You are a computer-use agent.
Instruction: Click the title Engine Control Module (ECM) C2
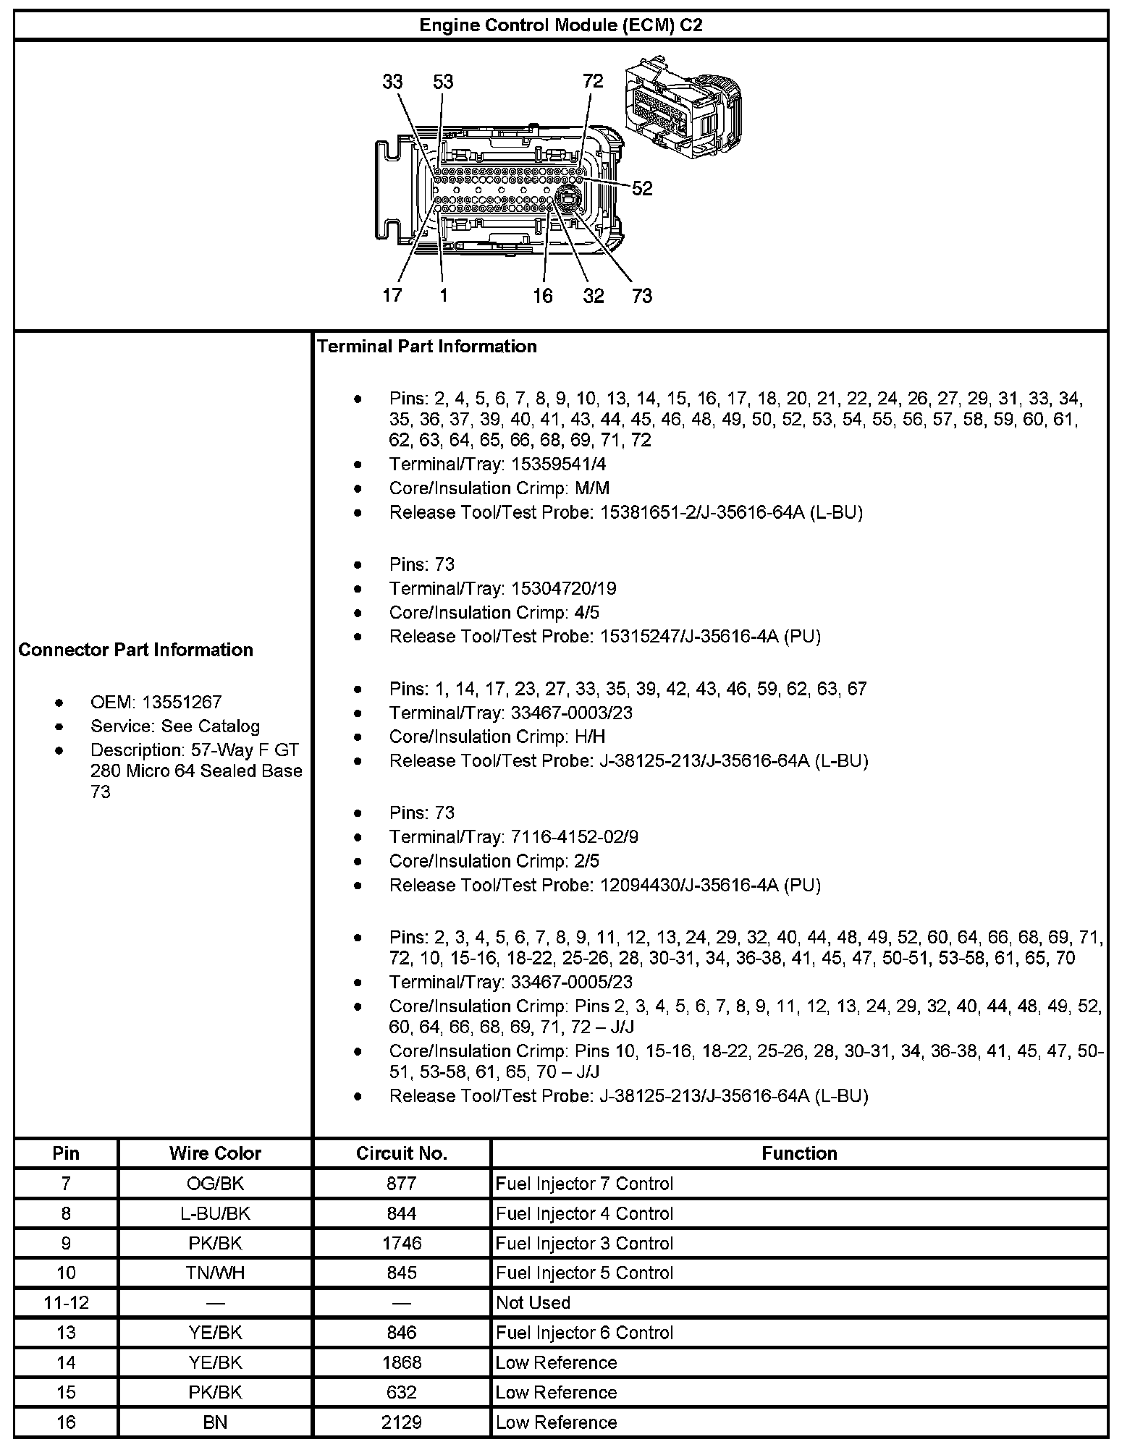tap(561, 25)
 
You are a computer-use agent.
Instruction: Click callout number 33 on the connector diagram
tap(392, 82)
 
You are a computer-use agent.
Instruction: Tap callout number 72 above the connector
tap(592, 81)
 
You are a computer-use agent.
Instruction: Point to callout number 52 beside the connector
tap(642, 188)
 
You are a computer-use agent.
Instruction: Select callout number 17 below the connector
tap(392, 295)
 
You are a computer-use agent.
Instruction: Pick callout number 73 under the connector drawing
tap(641, 295)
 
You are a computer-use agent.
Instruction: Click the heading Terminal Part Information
tap(427, 347)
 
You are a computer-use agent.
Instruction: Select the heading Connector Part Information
tap(136, 650)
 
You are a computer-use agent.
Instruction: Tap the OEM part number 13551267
tap(182, 702)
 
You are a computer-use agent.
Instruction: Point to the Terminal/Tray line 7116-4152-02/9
tap(513, 837)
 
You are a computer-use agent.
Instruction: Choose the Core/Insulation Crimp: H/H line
tap(497, 737)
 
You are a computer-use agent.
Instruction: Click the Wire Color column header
tap(215, 1153)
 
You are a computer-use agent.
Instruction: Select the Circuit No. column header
tap(401, 1153)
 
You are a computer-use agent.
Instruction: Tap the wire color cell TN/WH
tap(215, 1273)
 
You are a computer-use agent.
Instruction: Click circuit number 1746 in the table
tap(401, 1243)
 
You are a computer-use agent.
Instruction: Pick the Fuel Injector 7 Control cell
tap(584, 1184)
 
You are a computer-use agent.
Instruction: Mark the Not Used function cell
tap(533, 1302)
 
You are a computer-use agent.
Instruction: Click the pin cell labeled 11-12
tap(66, 1302)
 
